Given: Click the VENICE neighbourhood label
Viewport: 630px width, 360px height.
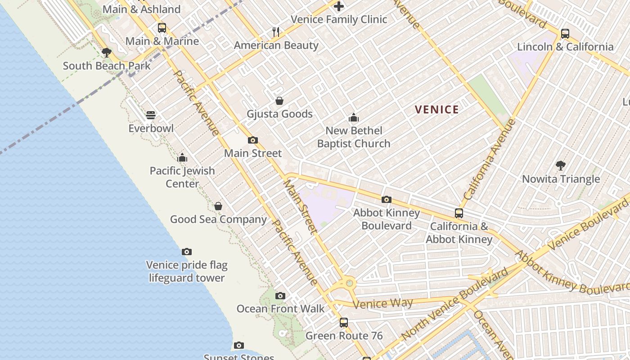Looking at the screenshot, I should [x=436, y=109].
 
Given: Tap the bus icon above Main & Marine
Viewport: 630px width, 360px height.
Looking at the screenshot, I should [x=162, y=28].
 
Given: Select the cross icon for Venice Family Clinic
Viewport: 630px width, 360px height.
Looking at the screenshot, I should [x=339, y=6].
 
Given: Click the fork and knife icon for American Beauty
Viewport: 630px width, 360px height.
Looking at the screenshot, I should [x=276, y=32].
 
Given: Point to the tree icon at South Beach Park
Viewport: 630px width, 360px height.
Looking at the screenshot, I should [x=107, y=53].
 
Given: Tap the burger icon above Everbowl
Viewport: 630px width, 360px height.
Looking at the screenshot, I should [x=151, y=115].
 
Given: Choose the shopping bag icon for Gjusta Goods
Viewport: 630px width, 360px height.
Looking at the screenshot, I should [x=279, y=101].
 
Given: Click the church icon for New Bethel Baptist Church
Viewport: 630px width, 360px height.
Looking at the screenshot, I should [x=354, y=118].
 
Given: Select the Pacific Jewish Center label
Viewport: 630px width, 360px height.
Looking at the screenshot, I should [x=182, y=177].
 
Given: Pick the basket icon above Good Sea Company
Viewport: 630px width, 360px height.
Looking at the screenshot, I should [x=218, y=206].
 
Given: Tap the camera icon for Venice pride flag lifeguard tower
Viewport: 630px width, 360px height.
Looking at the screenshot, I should [x=187, y=252].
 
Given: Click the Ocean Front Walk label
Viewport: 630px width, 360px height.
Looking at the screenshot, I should [x=280, y=309].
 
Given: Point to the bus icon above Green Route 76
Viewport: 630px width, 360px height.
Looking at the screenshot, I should [x=344, y=322].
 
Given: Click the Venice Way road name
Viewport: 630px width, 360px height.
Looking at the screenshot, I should [x=382, y=303].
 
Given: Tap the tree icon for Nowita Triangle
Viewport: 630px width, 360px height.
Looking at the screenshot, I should [x=561, y=166].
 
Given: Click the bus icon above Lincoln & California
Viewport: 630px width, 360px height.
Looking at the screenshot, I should [x=565, y=34].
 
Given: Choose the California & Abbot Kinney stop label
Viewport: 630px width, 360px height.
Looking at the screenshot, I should [x=459, y=233].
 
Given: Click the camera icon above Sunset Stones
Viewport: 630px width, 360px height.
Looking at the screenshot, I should [x=239, y=346].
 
